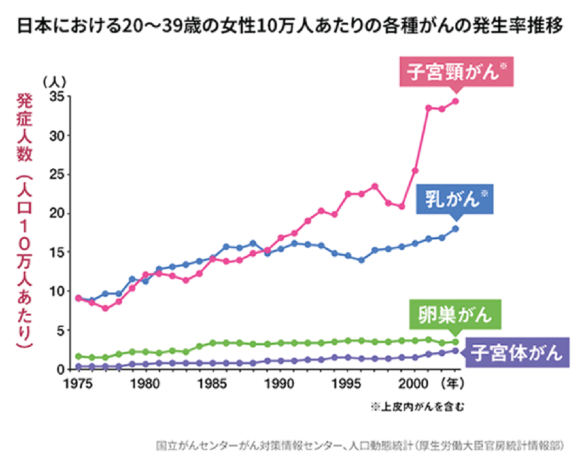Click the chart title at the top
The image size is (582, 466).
pyautogui.click(x=290, y=26)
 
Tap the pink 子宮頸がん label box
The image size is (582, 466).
pyautogui.click(x=457, y=71)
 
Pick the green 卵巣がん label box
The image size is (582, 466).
pyautogui.click(x=455, y=315)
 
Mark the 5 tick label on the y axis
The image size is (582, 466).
pyautogui.click(x=61, y=331)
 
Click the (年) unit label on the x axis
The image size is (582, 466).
pyautogui.click(x=453, y=383)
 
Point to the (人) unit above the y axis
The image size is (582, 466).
pyautogui.click(x=55, y=82)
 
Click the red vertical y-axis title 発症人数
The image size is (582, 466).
pyautogui.click(x=24, y=128)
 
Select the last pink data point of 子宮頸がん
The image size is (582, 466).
pyautogui.click(x=455, y=101)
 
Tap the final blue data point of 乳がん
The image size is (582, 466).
pyautogui.click(x=455, y=229)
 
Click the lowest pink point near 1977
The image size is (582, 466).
pyautogui.click(x=105, y=308)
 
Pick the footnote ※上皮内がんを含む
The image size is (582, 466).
pyautogui.click(x=418, y=406)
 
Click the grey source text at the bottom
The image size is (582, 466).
pyautogui.click(x=360, y=445)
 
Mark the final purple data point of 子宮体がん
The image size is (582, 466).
pyautogui.click(x=455, y=351)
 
